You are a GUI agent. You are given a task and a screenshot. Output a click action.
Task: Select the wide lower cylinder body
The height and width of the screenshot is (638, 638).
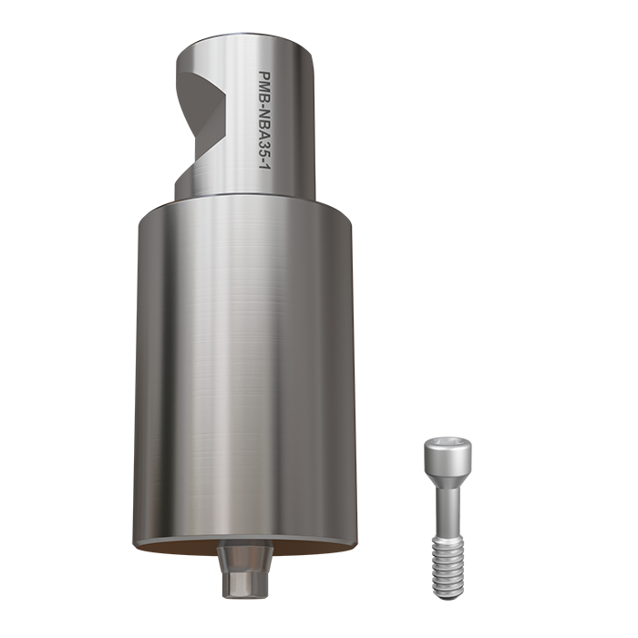(246, 365)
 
